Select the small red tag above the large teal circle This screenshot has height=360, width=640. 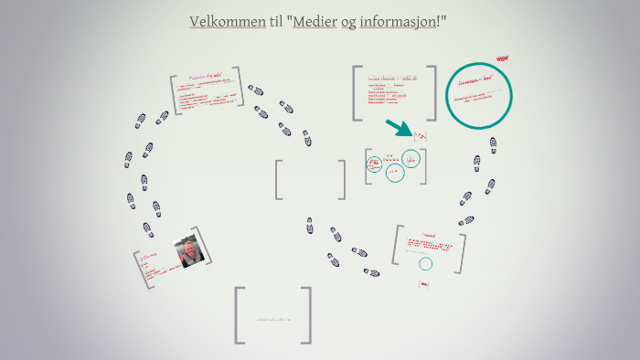[501, 58]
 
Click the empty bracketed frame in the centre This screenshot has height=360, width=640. [311, 179]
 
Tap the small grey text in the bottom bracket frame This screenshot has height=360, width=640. [273, 319]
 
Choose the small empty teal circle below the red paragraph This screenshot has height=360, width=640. [426, 264]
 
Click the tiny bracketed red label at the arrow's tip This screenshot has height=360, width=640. [421, 136]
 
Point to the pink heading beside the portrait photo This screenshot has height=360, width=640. [149, 259]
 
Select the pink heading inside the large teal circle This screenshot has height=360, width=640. [475, 81]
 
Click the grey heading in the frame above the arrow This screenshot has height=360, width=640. [393, 79]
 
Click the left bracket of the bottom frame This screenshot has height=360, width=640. [239, 315]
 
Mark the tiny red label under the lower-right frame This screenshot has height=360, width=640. [423, 284]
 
